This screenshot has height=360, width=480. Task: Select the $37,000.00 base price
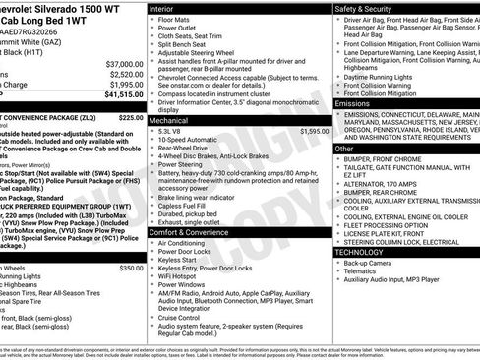[x=124, y=62]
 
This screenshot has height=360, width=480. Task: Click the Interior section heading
[x=168, y=7]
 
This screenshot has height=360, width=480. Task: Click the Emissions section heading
[x=352, y=103]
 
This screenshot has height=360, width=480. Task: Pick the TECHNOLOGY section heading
[x=361, y=252]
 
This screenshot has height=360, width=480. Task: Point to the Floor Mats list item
[x=178, y=19]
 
